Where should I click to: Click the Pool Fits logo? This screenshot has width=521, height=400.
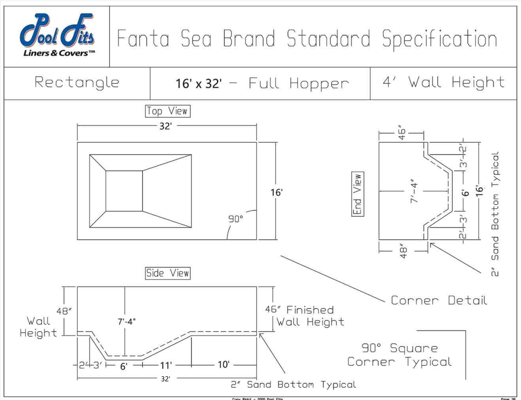coord(57,36)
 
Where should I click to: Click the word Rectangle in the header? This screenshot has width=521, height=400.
coord(77,83)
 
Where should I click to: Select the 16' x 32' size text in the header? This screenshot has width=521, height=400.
coord(199,83)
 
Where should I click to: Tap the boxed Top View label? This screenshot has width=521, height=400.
coord(168,111)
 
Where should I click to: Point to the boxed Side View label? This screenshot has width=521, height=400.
coord(168,273)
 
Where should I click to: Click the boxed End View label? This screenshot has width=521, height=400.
coord(358,194)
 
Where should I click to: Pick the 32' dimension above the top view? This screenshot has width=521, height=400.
coord(165,126)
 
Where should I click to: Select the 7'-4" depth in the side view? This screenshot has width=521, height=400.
coord(127,322)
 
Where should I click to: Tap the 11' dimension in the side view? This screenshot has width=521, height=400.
coord(166,366)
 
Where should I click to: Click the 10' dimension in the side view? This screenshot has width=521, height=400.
coord(224,365)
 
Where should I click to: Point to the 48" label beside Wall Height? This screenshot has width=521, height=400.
coord(64,311)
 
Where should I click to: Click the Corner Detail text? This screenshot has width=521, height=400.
coord(439,301)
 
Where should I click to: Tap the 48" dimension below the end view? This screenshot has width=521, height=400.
coord(403,252)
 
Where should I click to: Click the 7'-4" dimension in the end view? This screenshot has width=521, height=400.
coord(414,191)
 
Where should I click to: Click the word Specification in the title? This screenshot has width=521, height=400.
coord(439,39)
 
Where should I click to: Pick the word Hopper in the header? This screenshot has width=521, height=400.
coord(319,83)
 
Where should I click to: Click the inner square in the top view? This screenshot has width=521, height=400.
coord(124,191)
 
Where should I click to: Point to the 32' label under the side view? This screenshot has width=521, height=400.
coord(165,379)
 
